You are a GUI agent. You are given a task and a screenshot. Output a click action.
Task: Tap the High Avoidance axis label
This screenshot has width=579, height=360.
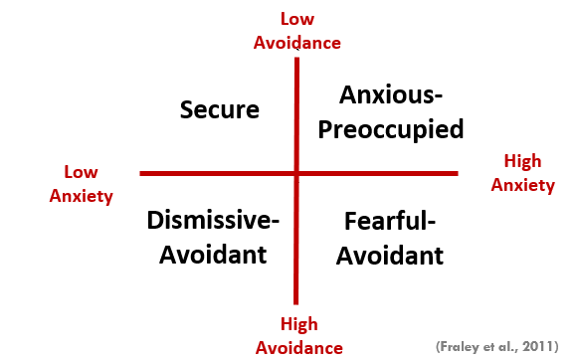(x=299, y=336)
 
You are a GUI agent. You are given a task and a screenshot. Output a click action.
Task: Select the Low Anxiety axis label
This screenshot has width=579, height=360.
(x=82, y=183)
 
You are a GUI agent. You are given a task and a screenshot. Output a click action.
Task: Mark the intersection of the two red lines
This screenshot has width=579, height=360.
(x=296, y=174)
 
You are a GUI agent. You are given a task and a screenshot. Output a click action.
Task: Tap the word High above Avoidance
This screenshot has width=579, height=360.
(x=299, y=325)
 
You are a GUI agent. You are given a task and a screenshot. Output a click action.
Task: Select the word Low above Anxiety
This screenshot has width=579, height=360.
(x=82, y=171)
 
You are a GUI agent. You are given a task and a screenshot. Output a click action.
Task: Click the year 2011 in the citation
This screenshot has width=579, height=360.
(x=535, y=345)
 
